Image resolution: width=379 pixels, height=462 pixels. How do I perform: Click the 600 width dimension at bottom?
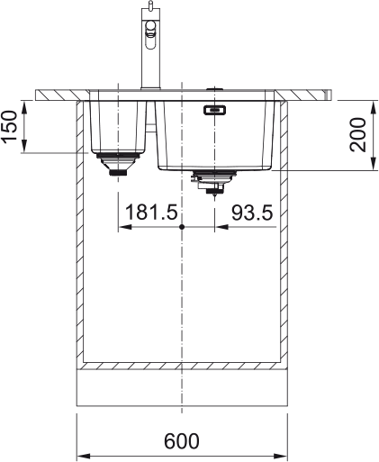pyautogui.click(x=182, y=441)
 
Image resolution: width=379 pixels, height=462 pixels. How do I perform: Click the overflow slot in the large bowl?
pyautogui.click(x=214, y=111)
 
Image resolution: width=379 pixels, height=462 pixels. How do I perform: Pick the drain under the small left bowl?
pyautogui.click(x=114, y=165)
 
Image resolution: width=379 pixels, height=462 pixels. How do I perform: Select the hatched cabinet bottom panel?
pyautogui.click(x=182, y=366)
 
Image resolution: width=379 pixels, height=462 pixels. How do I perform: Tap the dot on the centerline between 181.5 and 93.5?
pyautogui.click(x=182, y=227)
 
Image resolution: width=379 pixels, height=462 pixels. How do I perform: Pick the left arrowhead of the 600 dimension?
pyautogui.click(x=81, y=451)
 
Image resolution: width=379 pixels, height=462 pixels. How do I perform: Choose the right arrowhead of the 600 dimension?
pyautogui.click(x=283, y=451)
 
